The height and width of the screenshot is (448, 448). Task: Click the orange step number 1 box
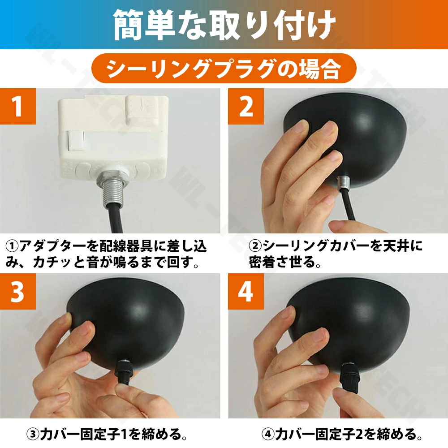[x=18, y=106]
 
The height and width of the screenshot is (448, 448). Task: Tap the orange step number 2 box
[x=246, y=106]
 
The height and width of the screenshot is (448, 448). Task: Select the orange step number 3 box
[x=18, y=291]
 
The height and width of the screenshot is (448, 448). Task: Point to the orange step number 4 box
[x=246, y=291]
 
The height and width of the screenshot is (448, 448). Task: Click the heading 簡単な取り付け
[x=224, y=25]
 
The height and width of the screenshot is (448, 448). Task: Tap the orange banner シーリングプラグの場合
[x=224, y=69]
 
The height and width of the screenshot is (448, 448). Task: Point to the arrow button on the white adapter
[x=142, y=111]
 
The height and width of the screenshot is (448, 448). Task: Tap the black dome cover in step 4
[x=349, y=323]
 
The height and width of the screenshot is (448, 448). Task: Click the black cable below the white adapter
[x=115, y=219]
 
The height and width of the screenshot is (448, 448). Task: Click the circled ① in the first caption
[x=12, y=246]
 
